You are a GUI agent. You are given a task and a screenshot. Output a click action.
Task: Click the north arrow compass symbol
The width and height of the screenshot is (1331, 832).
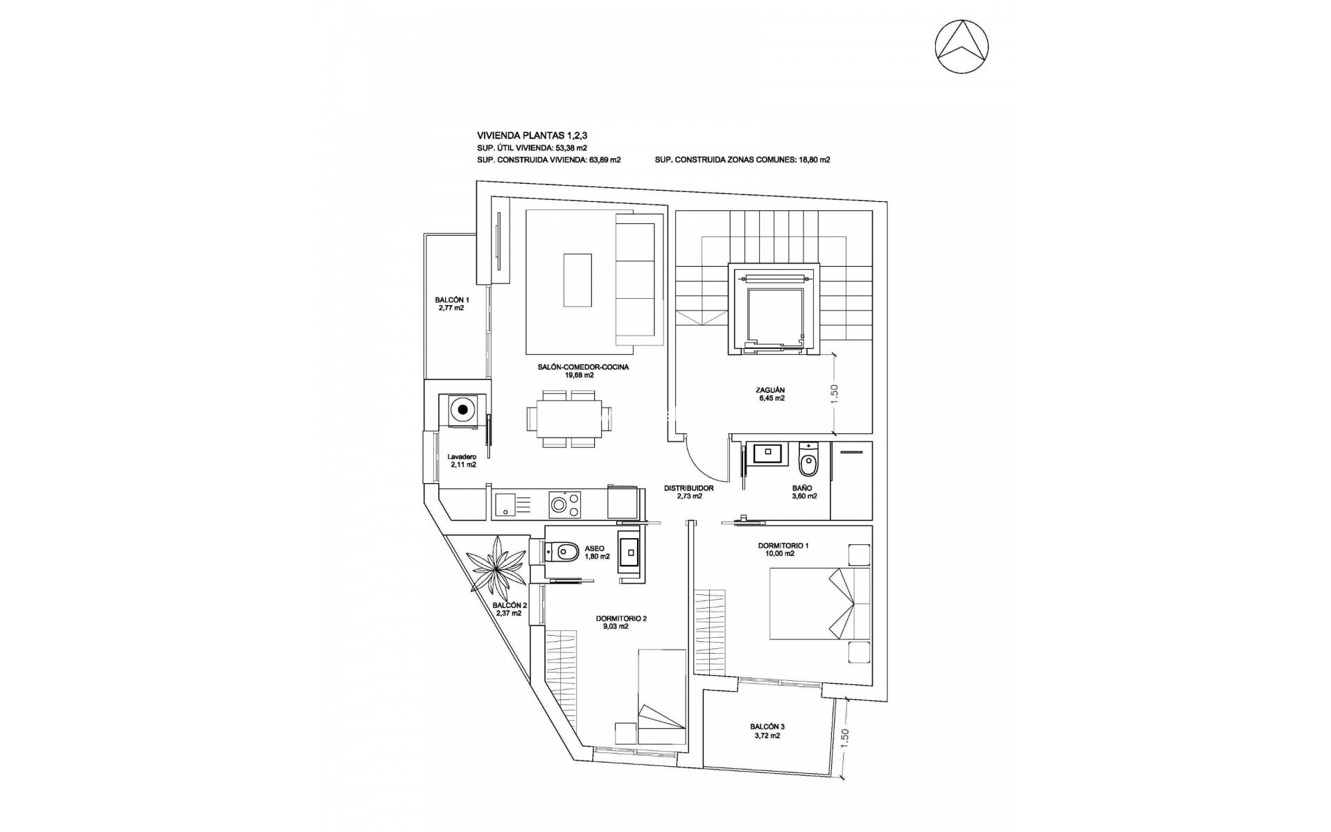[x=962, y=47]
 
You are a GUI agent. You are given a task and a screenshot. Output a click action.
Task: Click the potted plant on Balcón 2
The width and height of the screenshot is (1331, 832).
[x=497, y=566]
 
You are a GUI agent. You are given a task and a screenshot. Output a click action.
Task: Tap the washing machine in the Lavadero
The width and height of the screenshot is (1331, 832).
[x=461, y=410]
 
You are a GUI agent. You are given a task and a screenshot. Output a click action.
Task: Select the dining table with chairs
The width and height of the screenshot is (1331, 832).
[x=569, y=419]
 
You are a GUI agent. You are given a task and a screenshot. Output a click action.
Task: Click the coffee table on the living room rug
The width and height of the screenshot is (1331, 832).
[x=577, y=280]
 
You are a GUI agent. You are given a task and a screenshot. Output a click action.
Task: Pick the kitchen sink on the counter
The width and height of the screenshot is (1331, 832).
[x=510, y=504]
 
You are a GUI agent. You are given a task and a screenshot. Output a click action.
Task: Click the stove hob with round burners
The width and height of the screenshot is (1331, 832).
[x=564, y=504]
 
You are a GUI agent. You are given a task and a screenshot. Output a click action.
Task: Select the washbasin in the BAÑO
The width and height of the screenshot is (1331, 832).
[x=767, y=452]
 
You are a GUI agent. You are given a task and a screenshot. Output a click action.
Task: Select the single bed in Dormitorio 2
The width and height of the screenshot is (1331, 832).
[x=660, y=707]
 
